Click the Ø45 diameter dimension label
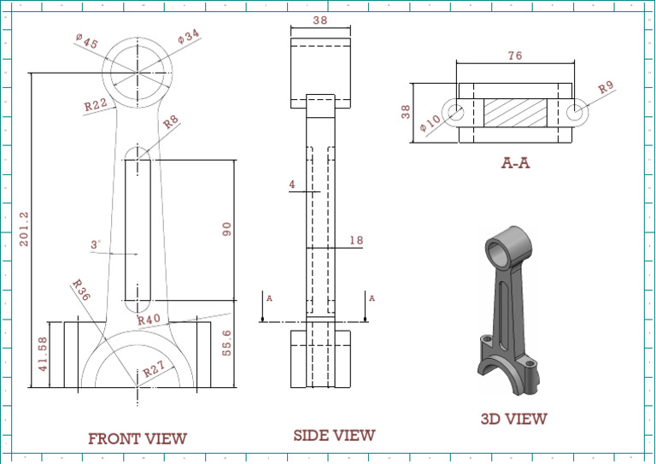coord(86,42)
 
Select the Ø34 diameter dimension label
coord(189,38)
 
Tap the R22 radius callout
coord(95,106)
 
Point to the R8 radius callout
coord(171,123)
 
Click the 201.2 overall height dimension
coord(24,230)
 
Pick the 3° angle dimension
coord(96,245)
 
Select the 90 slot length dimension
coord(226,229)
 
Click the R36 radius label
coord(81,291)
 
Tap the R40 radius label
coord(149,320)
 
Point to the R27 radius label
coord(154,371)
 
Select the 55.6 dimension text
coord(226,344)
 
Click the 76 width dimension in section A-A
coord(515,56)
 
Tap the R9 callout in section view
coord(606,87)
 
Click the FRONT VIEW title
coord(137,439)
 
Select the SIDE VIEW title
coord(334,436)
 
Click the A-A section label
coord(515,162)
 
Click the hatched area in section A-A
coord(515,112)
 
